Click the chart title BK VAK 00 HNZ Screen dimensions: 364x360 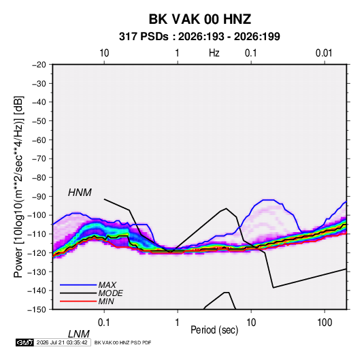[x=199, y=19]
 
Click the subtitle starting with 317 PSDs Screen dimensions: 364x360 [x=199, y=37]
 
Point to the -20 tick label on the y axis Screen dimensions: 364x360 [x=39, y=65]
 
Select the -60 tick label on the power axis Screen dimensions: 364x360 [x=39, y=140]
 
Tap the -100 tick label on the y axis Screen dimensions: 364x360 [x=37, y=215]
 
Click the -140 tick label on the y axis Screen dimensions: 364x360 [x=37, y=291]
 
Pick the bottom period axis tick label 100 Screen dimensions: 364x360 [x=325, y=323]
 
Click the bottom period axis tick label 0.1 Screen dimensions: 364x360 [x=103, y=323]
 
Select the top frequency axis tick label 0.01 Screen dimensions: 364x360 [x=324, y=53]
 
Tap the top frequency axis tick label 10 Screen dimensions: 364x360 [x=104, y=53]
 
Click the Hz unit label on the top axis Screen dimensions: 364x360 [x=214, y=53]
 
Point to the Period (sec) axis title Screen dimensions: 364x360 [x=214, y=330]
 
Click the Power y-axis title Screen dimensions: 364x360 [x=18, y=186]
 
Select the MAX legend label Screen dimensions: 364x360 [x=107, y=285]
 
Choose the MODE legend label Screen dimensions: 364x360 [x=110, y=293]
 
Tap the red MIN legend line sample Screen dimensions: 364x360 [x=78, y=301]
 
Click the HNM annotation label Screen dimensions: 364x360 [x=80, y=193]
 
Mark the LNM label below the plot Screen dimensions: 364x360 [x=78, y=334]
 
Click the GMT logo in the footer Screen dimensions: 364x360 [x=24, y=342]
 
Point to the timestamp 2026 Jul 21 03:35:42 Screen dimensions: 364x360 [x=62, y=342]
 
